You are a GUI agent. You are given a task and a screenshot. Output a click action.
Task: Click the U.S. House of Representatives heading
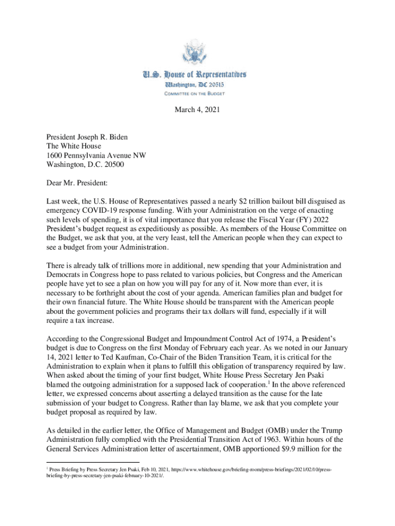197,74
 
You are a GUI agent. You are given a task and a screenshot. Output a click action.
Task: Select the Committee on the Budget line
197,93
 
